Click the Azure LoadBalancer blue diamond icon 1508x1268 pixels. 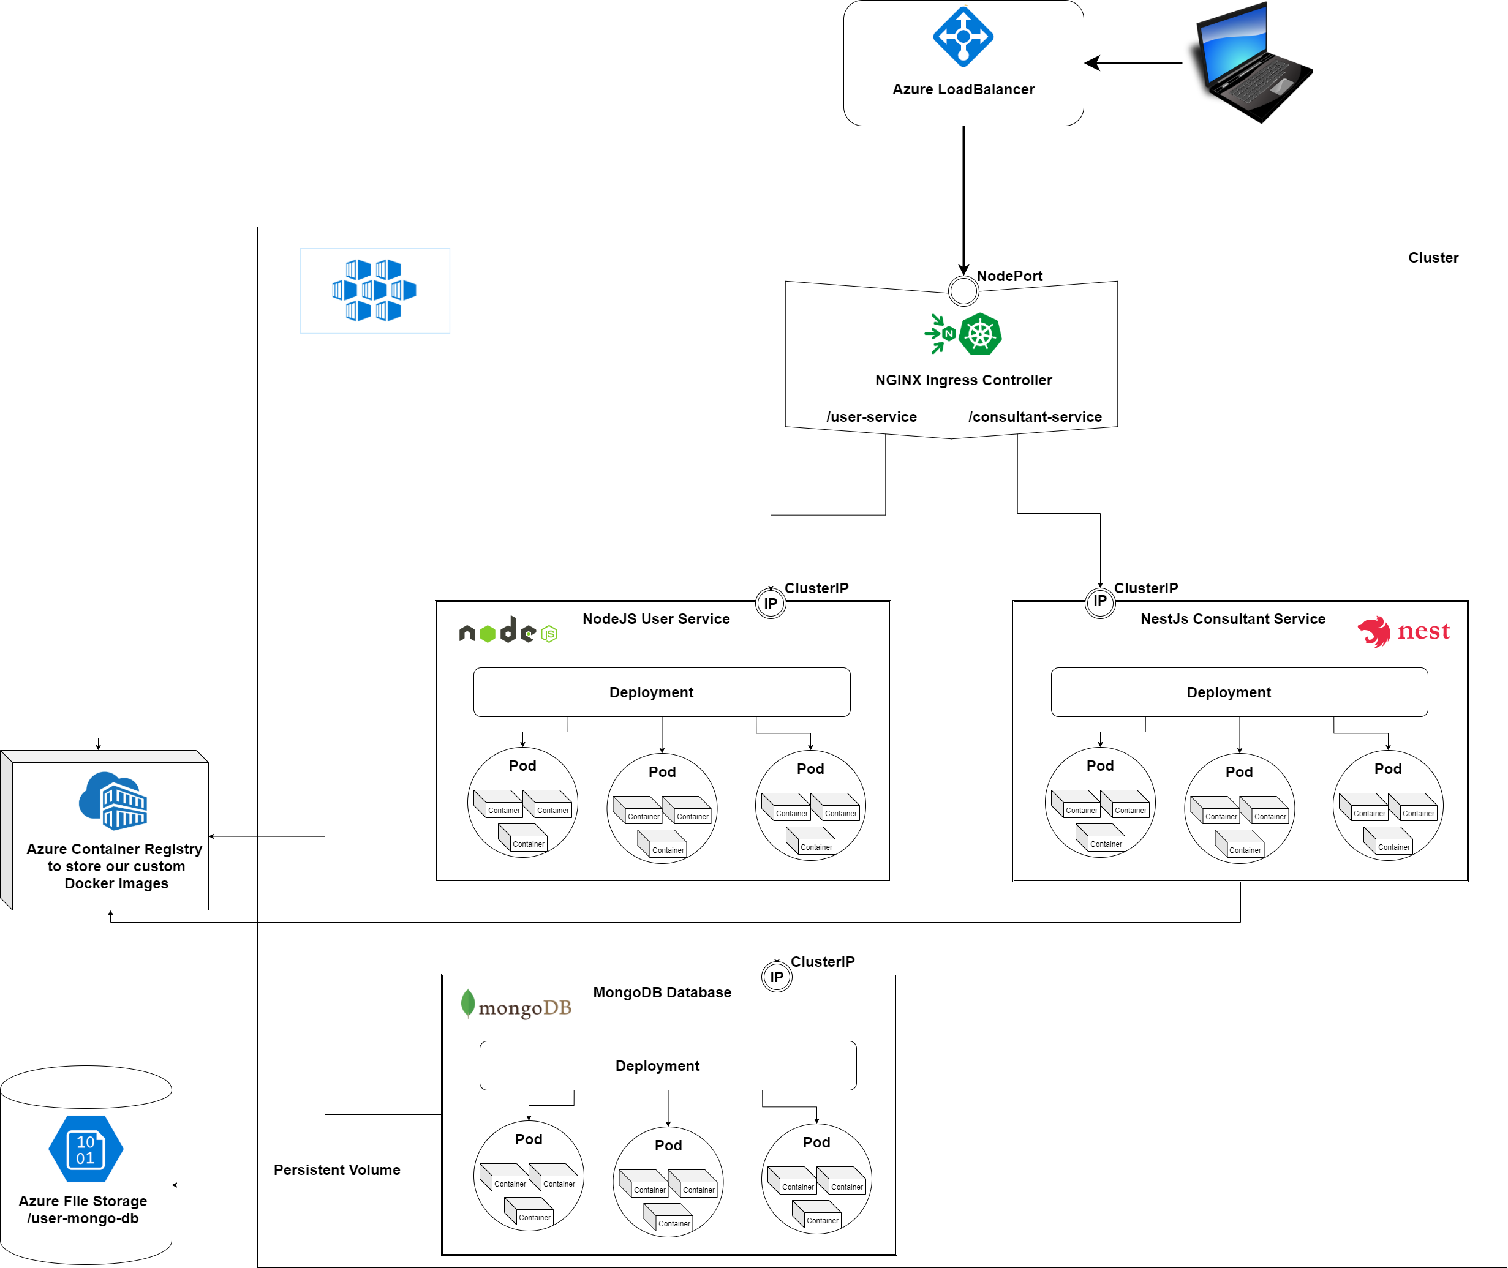click(x=963, y=36)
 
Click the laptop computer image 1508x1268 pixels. click(x=1252, y=62)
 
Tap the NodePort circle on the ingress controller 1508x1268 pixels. click(x=963, y=291)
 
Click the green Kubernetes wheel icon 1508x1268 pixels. click(x=979, y=334)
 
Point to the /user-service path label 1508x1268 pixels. click(x=871, y=417)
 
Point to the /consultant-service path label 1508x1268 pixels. click(x=1034, y=417)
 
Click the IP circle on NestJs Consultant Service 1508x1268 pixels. click(x=1099, y=601)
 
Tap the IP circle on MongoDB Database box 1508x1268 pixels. click(x=776, y=977)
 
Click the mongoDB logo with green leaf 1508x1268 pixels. click(x=516, y=1005)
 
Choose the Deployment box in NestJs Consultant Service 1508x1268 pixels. click(x=1238, y=692)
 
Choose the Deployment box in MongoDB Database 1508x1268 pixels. click(x=668, y=1065)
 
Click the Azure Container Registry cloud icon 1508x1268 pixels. click(x=113, y=801)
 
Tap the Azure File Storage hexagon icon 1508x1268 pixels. click(x=86, y=1149)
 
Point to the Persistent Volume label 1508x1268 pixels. click(x=336, y=1169)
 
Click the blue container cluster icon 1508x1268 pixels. click(x=374, y=290)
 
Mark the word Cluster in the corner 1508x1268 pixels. click(x=1433, y=257)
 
